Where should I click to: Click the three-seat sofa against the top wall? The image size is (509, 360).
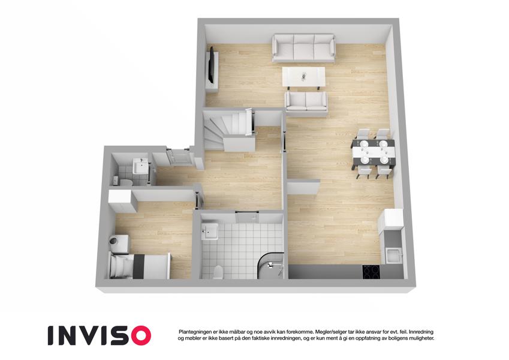pyautogui.click(x=303, y=48)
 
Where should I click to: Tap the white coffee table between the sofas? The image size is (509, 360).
pyautogui.click(x=303, y=77)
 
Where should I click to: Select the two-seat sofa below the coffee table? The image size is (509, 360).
pyautogui.click(x=306, y=101)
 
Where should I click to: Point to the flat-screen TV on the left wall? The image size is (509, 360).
pyautogui.click(x=212, y=65)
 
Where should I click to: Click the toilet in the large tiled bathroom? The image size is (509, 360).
pyautogui.click(x=218, y=272)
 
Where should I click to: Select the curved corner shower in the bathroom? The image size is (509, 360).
pyautogui.click(x=270, y=265)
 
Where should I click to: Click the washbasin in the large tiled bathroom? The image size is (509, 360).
pyautogui.click(x=209, y=232)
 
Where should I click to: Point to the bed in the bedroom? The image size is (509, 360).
pyautogui.click(x=140, y=266)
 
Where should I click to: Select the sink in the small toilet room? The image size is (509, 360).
pyautogui.click(x=140, y=166)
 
